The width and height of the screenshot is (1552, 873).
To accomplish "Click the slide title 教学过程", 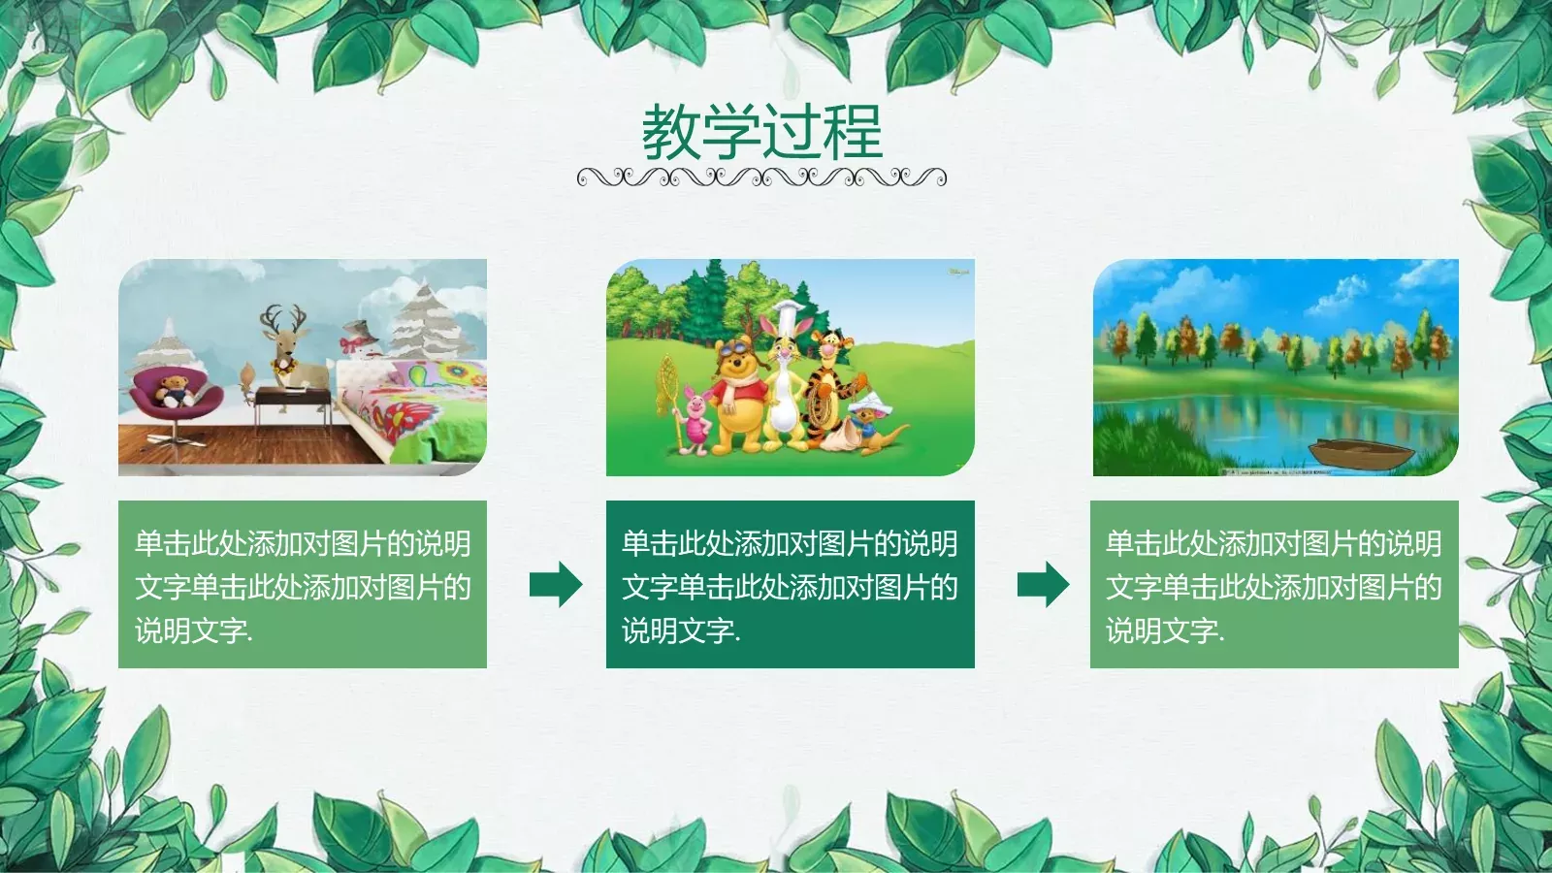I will [x=761, y=132].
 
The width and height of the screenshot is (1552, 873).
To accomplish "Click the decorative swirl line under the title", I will [x=761, y=177].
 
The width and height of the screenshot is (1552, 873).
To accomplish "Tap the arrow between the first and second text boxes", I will [x=556, y=584].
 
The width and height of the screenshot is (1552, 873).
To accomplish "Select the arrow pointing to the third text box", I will [x=1043, y=584].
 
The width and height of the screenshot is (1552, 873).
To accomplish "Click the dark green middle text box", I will [x=790, y=584].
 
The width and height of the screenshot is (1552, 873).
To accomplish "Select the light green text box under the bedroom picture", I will [x=303, y=584].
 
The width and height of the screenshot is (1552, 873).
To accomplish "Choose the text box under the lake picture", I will [x=1274, y=584].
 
